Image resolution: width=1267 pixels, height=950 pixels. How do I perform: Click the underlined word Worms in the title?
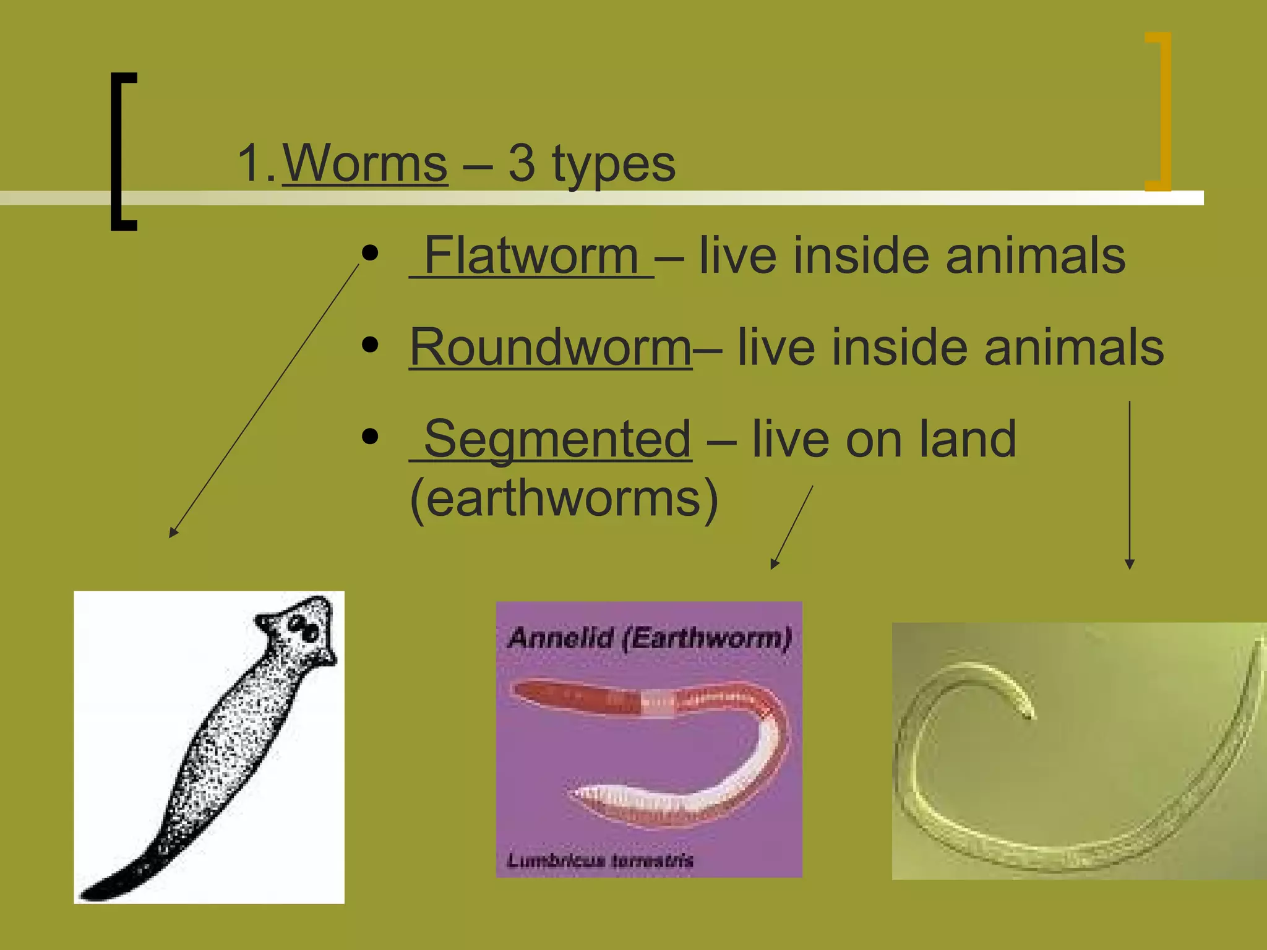pyautogui.click(x=365, y=164)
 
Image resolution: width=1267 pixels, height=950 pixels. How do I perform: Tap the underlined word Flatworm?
pyautogui.click(x=531, y=256)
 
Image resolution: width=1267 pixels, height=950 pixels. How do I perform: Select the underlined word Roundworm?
pyautogui.click(x=551, y=348)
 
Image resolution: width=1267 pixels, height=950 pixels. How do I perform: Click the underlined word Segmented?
pyautogui.click(x=557, y=439)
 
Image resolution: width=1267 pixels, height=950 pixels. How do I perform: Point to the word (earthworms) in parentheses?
pyautogui.click(x=564, y=499)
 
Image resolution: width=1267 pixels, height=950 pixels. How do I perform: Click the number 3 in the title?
pyautogui.click(x=522, y=164)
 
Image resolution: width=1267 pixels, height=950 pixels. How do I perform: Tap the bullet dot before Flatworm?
pyautogui.click(x=370, y=253)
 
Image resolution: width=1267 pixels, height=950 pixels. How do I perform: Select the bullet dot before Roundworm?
pyautogui.click(x=370, y=344)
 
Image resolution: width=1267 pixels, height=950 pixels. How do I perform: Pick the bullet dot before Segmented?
pyautogui.click(x=370, y=436)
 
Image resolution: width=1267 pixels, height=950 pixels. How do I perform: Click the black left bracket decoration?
pyautogui.click(x=118, y=152)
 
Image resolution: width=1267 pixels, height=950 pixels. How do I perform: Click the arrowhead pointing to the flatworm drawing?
pyautogui.click(x=173, y=533)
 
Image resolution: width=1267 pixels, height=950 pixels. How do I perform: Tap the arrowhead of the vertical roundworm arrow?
pyautogui.click(x=1130, y=564)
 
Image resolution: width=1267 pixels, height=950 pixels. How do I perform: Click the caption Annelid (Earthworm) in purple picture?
pyautogui.click(x=649, y=638)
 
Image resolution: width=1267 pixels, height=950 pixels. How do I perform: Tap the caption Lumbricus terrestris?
pyautogui.click(x=599, y=860)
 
